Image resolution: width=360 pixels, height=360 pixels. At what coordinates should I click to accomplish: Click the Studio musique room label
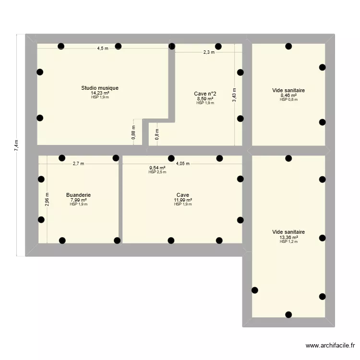coord(100,88)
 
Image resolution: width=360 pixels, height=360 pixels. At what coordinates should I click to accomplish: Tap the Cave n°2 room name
coord(205,94)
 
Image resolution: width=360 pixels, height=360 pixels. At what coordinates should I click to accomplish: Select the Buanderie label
coord(78,195)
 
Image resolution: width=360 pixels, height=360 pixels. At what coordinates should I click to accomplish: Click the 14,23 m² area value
coord(100,93)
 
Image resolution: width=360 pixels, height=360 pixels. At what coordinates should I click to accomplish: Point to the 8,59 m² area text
coord(205,98)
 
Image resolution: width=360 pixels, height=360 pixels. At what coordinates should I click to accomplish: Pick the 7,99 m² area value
coord(78,200)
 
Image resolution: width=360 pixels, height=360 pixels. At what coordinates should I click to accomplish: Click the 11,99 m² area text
coord(183,200)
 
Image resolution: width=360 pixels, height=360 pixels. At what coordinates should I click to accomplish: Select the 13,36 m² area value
coord(288,237)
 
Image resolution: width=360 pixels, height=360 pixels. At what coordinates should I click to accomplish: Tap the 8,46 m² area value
coord(288,96)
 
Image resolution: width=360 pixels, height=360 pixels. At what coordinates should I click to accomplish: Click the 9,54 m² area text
coord(157,168)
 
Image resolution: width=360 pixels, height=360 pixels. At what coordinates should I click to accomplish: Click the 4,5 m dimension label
coord(103,48)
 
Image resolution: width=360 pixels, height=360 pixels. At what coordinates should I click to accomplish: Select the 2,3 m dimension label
coord(209,52)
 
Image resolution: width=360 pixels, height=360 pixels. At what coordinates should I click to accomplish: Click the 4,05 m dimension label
coord(183,164)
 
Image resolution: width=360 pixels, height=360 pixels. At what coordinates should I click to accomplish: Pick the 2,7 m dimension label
coord(78,164)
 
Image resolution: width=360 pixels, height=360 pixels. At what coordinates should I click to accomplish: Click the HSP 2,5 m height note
coord(157,172)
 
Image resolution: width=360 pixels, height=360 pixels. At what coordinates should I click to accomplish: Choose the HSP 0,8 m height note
coord(288,100)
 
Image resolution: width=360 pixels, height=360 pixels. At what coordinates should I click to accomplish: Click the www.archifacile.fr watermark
coord(331,346)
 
